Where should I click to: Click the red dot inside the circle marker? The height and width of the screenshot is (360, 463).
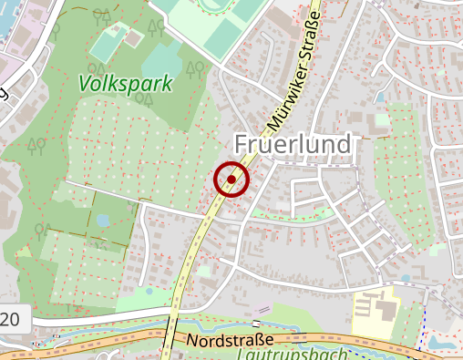[231, 180]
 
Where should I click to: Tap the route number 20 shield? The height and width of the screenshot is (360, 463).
[11, 319]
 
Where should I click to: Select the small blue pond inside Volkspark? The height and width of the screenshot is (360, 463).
[103, 220]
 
